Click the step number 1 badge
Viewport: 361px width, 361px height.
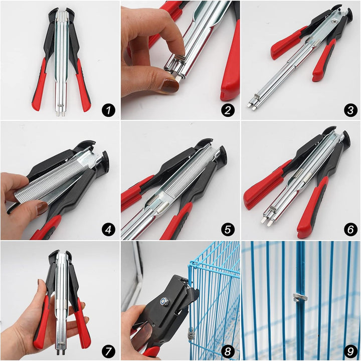(108, 109)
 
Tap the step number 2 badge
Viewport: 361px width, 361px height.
(228, 109)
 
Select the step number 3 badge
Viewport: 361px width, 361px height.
(348, 109)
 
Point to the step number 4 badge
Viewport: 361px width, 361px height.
(108, 229)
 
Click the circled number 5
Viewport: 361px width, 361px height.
(228, 229)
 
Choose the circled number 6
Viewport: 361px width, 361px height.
(348, 229)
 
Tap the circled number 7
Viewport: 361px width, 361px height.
(108, 349)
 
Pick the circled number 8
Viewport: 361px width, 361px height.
(228, 349)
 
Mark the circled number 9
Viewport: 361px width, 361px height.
(348, 349)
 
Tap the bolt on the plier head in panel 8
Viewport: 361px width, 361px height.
(164, 302)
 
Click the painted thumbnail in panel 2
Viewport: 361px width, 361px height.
(169, 86)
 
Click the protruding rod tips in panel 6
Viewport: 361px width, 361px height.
(267, 219)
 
